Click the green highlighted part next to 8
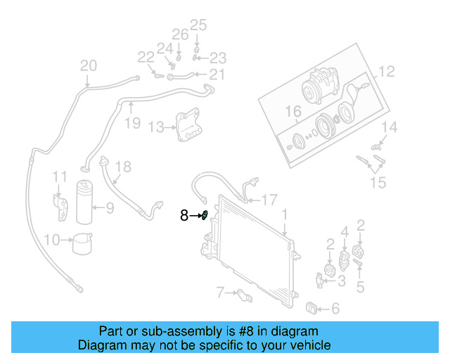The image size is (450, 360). tap(205, 215)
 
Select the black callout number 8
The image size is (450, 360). tap(184, 216)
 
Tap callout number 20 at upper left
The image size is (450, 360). tap(88, 66)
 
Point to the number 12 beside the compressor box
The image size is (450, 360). tap(387, 71)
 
